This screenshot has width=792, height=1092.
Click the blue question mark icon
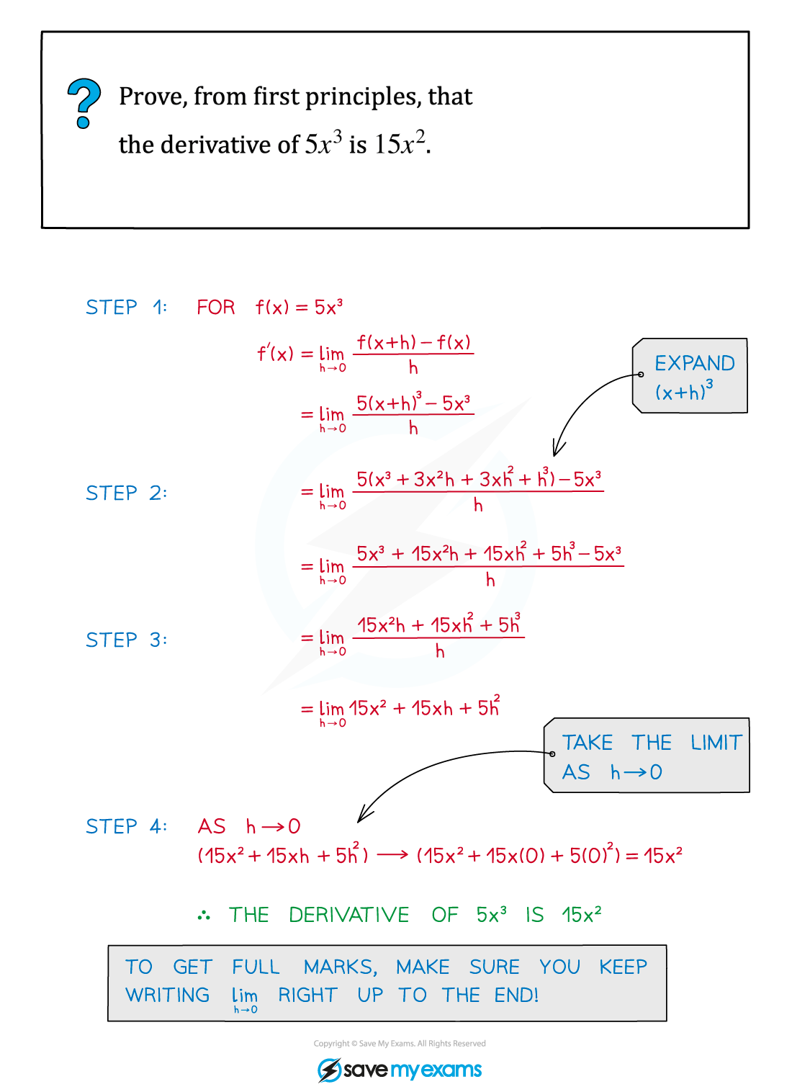coord(84,103)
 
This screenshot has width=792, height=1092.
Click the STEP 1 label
coord(126,308)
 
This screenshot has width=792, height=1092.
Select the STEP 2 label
coord(126,493)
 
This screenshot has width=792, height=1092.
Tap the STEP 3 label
coord(126,640)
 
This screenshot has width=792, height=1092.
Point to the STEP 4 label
coord(126,827)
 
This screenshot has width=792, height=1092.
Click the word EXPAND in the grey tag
coord(694,363)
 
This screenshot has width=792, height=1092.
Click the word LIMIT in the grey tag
coord(716,743)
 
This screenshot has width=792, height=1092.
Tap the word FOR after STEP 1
coord(216,308)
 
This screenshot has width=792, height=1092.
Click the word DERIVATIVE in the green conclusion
coord(349,915)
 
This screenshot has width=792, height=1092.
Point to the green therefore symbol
coord(204,916)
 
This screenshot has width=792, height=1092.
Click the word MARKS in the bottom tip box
coord(340,967)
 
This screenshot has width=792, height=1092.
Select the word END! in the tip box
coord(516,995)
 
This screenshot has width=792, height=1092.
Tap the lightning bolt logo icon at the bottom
coord(329,1070)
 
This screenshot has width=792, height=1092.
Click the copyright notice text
coord(400,1043)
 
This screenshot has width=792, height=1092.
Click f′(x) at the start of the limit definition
coord(275,353)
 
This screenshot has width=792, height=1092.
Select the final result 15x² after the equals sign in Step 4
coord(663,856)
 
